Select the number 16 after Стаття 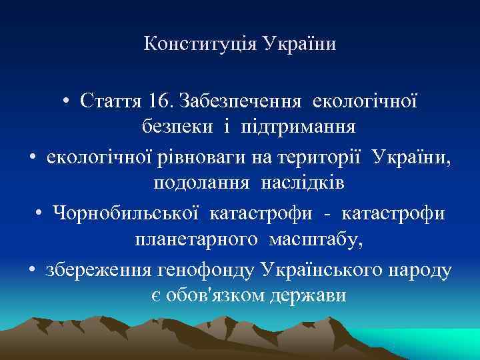point(161,101)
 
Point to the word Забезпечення point(238,101)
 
